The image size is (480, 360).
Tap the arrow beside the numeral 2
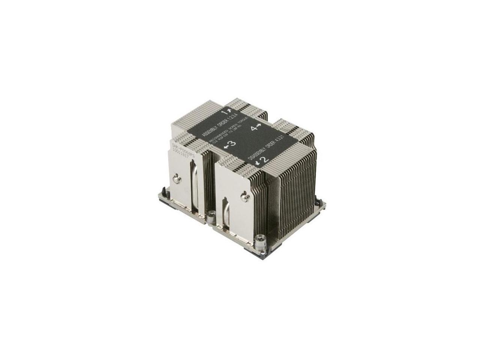click(258, 162)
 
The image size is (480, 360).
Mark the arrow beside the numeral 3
click(226, 147)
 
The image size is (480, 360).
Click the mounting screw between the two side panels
click(211, 215)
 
